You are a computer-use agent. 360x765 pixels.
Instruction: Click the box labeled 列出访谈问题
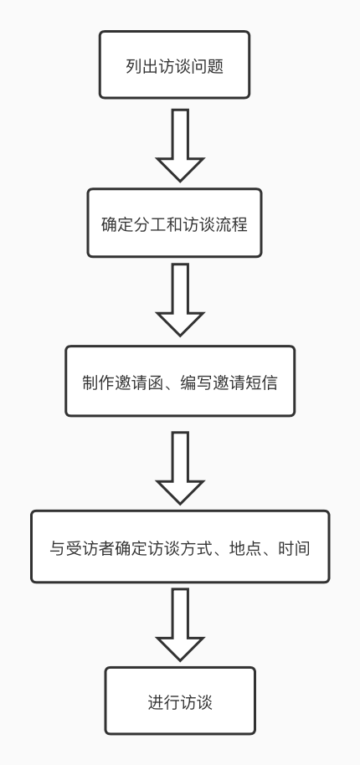click(x=175, y=65)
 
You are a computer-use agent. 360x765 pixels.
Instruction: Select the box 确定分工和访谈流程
click(x=175, y=223)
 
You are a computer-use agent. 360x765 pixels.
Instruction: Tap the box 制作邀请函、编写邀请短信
click(x=180, y=381)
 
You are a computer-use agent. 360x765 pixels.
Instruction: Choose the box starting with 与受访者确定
click(x=180, y=547)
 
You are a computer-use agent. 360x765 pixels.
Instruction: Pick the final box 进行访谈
click(x=180, y=701)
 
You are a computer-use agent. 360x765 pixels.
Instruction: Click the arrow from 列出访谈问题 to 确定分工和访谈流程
click(x=180, y=146)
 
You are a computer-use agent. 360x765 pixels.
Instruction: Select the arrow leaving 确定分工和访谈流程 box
click(x=180, y=300)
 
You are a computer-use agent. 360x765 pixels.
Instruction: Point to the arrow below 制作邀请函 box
click(x=180, y=468)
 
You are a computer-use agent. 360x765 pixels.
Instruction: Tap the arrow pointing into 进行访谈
click(x=180, y=625)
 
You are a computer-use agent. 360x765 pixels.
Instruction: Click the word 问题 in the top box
click(x=208, y=66)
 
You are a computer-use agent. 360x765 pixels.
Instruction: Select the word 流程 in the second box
click(x=232, y=224)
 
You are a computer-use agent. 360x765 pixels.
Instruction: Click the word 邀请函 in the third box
click(x=139, y=382)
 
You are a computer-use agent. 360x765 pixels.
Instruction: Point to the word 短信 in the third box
click(x=261, y=382)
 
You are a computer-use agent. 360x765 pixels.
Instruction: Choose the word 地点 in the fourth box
click(x=245, y=548)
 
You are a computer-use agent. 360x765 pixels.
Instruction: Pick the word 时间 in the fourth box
click(x=294, y=548)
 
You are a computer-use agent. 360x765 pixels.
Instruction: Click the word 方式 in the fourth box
click(x=196, y=548)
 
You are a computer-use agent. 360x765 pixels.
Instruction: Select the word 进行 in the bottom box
click(x=164, y=702)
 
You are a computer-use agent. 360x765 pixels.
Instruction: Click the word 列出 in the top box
click(x=142, y=66)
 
